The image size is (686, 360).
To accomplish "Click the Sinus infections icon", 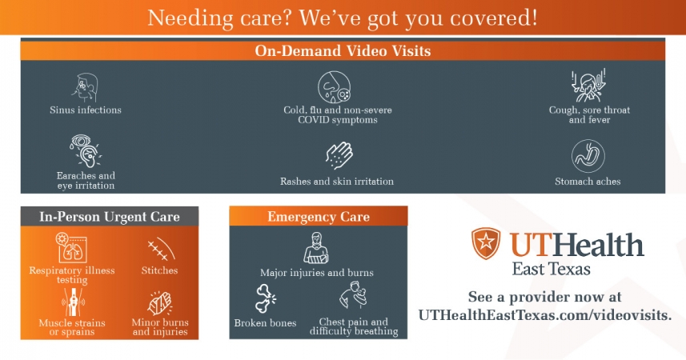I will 85,86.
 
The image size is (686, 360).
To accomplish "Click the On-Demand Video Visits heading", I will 343,50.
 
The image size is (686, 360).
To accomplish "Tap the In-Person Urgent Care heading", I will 110,216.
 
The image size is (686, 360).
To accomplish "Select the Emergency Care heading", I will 318,217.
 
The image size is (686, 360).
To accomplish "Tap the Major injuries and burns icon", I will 317,250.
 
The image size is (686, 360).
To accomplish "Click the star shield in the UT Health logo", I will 484,243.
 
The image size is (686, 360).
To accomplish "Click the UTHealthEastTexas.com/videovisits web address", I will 544,315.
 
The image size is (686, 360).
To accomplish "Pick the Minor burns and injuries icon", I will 158,303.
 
